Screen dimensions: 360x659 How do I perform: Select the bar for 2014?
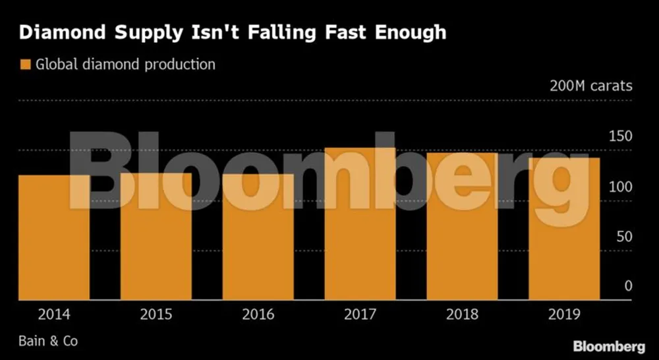tap(54, 237)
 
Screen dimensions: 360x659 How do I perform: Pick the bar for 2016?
tap(258, 237)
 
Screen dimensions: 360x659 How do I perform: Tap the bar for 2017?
tap(360, 224)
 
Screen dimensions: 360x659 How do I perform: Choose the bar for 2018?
tap(462, 227)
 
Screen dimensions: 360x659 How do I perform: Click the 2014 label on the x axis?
tap(54, 313)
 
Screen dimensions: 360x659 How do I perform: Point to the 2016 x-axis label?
tap(258, 313)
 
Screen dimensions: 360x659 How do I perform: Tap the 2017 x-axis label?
tap(360, 313)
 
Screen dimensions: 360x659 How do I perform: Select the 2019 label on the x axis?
tap(564, 313)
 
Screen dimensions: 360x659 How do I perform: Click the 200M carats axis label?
tap(591, 86)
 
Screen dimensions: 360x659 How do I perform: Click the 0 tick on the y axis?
tap(628, 286)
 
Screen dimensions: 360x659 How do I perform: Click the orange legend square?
tap(26, 65)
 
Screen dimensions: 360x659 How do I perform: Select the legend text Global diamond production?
tap(125, 65)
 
